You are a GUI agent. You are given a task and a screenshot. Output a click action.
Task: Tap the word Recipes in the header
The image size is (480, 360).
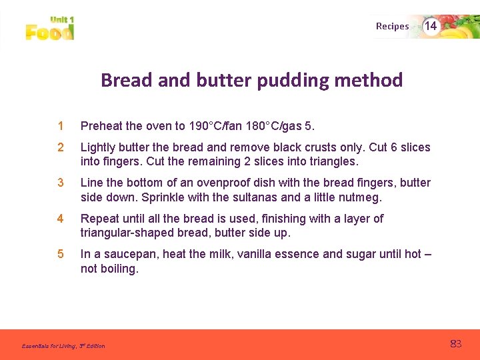pos(392,27)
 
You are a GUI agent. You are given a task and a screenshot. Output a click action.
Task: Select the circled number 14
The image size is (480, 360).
pos(431,26)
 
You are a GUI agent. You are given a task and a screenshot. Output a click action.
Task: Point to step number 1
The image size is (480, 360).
pos(60,125)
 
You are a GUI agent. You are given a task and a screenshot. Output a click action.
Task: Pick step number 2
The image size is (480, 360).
pos(60,147)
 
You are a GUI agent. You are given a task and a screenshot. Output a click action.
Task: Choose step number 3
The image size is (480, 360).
pos(60,183)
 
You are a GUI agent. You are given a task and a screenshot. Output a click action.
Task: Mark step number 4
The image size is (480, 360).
pos(60,219)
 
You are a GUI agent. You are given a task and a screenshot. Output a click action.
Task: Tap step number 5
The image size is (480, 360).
pos(60,254)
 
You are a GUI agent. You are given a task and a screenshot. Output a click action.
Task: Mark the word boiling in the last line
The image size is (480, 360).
pos(119,269)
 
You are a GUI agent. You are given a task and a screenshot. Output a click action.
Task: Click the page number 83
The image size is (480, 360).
pos(455,344)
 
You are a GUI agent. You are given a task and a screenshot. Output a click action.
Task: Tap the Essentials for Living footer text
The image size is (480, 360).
pos(63,346)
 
